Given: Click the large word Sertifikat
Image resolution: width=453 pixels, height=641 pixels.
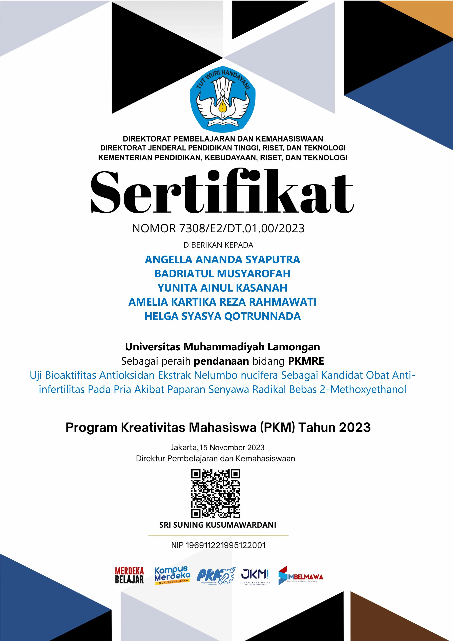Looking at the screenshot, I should point(222,193).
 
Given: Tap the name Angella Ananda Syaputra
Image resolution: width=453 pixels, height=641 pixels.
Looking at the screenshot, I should point(222,260).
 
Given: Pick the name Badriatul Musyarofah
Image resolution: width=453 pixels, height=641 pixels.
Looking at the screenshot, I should point(222,274).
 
